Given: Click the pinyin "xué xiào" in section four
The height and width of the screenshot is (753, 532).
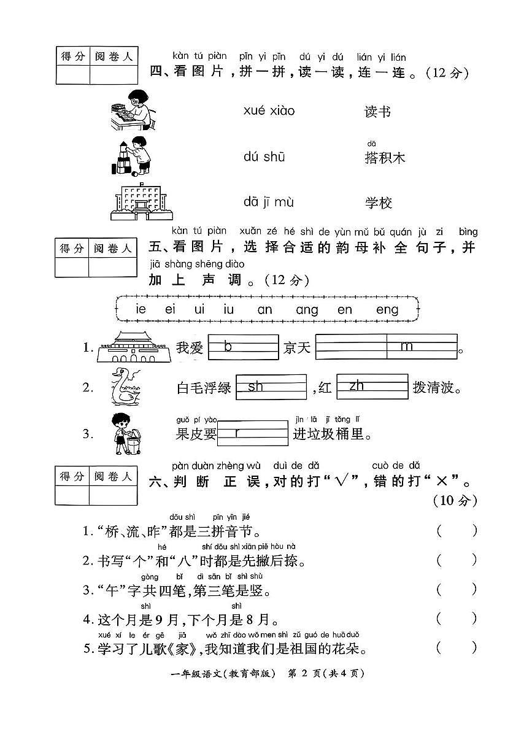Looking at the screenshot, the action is tap(269, 111).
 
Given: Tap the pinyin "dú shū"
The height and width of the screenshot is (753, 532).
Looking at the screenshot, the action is tap(264, 157).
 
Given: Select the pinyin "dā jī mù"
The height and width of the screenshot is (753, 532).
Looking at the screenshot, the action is tap(269, 202).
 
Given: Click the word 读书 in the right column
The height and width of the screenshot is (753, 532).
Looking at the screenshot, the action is tap(377, 112).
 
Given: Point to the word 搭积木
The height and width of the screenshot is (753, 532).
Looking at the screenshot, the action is tap(385, 158).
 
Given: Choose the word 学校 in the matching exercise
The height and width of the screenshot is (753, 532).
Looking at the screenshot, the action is tap(378, 203).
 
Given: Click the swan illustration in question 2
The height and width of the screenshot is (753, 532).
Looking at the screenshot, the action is tap(127, 386).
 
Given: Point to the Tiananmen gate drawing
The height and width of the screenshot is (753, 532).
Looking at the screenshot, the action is tap(129, 347).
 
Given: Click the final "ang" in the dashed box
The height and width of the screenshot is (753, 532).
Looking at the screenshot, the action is tap(307, 310).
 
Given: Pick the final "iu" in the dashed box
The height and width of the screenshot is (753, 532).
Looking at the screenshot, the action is tap(229, 310).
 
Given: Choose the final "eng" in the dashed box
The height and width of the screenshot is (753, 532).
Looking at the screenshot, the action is tap(387, 310).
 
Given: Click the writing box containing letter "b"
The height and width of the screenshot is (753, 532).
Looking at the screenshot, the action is tap(244, 347).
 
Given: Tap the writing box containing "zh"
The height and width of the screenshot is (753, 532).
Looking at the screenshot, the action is tap(372, 387).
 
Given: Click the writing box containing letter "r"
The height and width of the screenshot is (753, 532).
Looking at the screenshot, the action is tap(253, 433).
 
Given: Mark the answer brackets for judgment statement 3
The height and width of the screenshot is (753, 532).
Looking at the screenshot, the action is tap(457, 590).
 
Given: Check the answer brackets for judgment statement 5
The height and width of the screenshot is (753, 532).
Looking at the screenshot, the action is tap(457, 647).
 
